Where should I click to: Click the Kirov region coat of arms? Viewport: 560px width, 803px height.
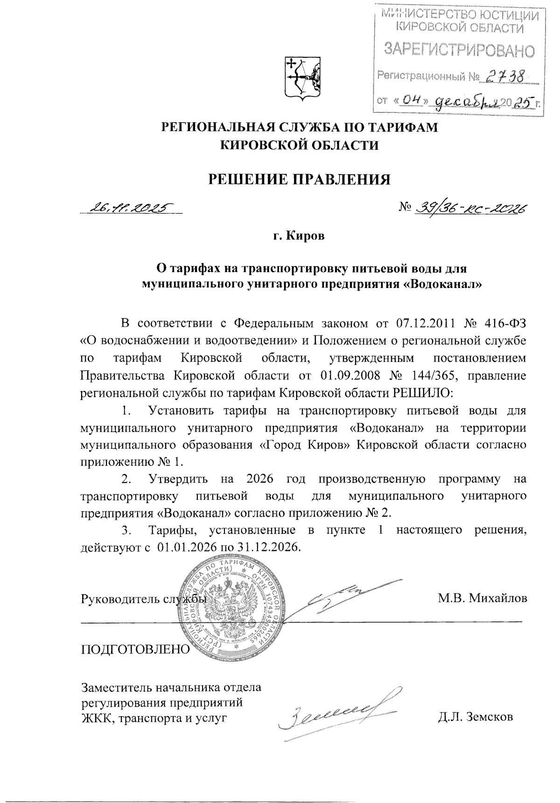[302, 78]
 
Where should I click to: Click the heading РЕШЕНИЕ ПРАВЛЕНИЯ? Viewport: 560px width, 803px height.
[299, 179]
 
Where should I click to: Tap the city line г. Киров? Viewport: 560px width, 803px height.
[299, 237]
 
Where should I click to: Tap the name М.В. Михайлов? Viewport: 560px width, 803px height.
[482, 598]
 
